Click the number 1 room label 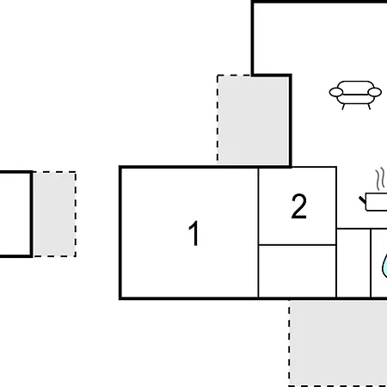pyautogui.click(x=193, y=233)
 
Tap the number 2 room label pyautogui.click(x=299, y=206)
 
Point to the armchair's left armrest pyautogui.click(x=336, y=92)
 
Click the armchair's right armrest pyautogui.click(x=375, y=92)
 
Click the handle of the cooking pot pyautogui.click(x=363, y=200)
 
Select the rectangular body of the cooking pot pyautogui.click(x=377, y=202)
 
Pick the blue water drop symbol pyautogui.click(x=384, y=266)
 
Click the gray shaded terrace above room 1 pyautogui.click(x=253, y=120)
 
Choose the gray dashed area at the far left pyautogui.click(x=54, y=214)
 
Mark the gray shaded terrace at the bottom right pyautogui.click(x=338, y=343)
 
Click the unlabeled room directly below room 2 pyautogui.click(x=298, y=271)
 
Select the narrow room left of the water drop pyautogui.click(x=353, y=263)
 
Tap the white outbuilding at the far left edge pyautogui.click(x=15, y=214)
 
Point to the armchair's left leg pyautogui.click(x=343, y=107)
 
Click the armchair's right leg pyautogui.click(x=369, y=107)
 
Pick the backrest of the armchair pyautogui.click(x=355, y=87)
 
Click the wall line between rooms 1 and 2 pyautogui.click(x=258, y=233)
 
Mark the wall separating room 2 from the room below pyautogui.click(x=298, y=245)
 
